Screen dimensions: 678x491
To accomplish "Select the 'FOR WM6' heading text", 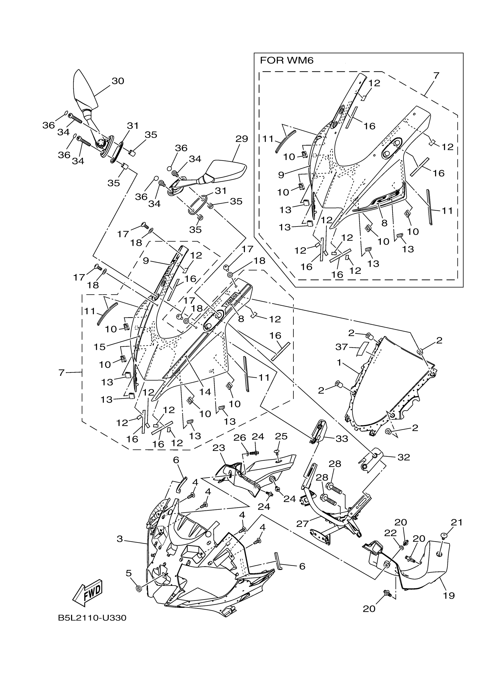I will (287, 61).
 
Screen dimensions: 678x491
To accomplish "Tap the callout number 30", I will (118, 81).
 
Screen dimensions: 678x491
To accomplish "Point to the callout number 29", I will (241, 139).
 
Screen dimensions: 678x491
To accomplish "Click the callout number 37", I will (341, 347).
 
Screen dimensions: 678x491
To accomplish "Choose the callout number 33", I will (342, 439).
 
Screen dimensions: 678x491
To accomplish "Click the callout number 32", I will (403, 457).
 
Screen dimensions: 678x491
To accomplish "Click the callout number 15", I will (100, 346).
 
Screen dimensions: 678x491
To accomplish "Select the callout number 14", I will (205, 392).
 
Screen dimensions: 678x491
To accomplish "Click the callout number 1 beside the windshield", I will (339, 363).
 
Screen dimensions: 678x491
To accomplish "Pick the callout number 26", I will (239, 438).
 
